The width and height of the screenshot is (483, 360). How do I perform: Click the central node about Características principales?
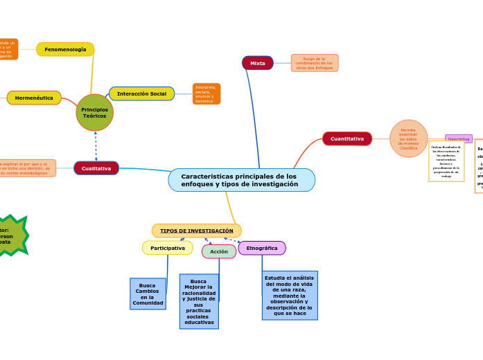(241, 180)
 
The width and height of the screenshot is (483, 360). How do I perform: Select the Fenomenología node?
(65, 49)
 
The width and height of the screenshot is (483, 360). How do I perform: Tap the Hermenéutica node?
(34, 98)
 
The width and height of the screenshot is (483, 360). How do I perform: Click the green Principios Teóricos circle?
(95, 113)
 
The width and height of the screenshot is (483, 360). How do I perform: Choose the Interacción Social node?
(141, 93)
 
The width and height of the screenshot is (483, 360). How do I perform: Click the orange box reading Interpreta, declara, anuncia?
(206, 93)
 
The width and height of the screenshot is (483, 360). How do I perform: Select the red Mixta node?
(258, 63)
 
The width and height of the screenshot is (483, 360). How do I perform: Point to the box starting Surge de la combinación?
(315, 63)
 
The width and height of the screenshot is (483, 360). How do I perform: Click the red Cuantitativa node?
(347, 138)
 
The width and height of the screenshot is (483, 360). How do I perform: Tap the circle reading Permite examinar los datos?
(408, 138)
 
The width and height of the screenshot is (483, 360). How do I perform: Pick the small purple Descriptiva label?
(458, 138)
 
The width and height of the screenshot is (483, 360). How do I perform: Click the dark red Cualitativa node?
(96, 168)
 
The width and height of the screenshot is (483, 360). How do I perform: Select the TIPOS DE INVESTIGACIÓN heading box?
(197, 231)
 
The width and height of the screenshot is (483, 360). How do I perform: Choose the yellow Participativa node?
(168, 248)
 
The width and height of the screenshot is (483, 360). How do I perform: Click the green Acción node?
(219, 251)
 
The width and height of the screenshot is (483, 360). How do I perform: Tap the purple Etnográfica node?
(262, 248)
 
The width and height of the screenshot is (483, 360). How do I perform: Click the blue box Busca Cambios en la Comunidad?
(148, 294)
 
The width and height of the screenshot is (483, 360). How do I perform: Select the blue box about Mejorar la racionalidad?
(199, 301)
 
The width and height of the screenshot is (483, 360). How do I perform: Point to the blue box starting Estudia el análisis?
(290, 295)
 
